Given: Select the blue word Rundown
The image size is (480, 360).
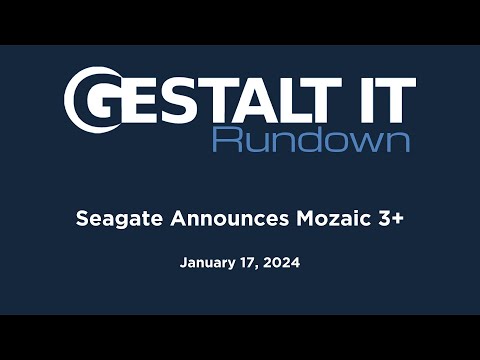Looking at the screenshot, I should [x=311, y=137].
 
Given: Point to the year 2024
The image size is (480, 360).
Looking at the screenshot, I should [x=283, y=264].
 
